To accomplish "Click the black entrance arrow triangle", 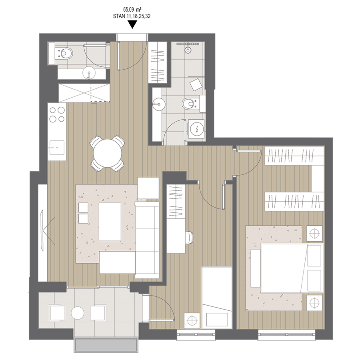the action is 132,24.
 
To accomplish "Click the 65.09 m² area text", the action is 132,10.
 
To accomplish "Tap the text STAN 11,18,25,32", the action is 132,16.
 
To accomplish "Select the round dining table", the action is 108,153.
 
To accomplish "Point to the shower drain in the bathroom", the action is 188,50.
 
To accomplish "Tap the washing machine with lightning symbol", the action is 196,130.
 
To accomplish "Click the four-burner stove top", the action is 57,115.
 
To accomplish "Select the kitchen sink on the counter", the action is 57,148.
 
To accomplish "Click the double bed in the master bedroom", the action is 292,268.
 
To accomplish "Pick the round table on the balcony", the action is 78,313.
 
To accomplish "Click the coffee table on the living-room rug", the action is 110,222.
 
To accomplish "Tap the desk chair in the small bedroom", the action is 189,237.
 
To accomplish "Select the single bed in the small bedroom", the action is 217,298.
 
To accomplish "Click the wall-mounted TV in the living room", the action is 42,230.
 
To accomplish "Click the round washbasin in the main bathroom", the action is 159,104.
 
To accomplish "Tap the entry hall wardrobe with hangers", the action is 158,62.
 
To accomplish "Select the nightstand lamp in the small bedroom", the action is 192,320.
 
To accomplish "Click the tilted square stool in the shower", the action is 196,84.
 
